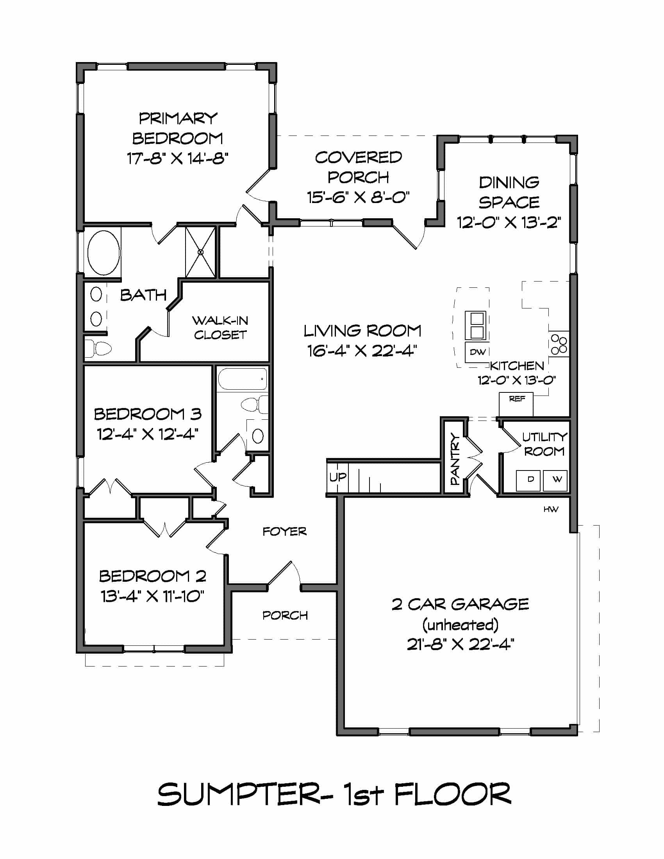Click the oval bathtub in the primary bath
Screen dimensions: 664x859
(x=104, y=253)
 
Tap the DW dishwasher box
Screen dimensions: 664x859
(x=478, y=352)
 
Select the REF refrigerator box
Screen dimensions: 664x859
(x=516, y=404)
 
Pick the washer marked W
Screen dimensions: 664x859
(x=555, y=480)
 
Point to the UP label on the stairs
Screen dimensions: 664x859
(x=337, y=477)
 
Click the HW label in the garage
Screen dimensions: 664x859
(x=551, y=509)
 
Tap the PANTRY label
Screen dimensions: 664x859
(x=454, y=459)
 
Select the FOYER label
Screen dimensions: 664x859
(x=284, y=532)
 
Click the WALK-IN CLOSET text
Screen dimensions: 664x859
(x=220, y=328)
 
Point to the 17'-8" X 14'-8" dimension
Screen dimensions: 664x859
(x=177, y=159)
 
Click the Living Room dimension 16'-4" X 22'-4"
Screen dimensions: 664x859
(x=362, y=351)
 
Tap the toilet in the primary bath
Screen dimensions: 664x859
(x=98, y=348)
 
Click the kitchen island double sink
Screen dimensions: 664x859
(x=476, y=325)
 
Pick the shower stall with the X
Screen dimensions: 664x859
(x=201, y=252)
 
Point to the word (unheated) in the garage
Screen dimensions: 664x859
(x=460, y=625)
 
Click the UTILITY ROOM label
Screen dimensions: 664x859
(x=544, y=444)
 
